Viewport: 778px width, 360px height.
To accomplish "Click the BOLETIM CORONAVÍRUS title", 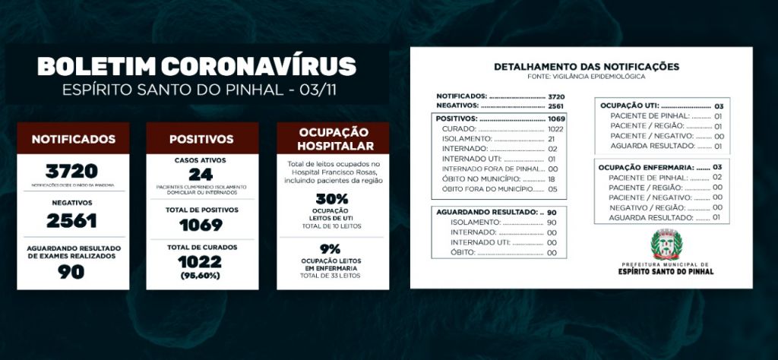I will [197, 65].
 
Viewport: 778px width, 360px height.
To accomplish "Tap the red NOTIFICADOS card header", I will [74, 139].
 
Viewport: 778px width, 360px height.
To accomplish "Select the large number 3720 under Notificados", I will [72, 171].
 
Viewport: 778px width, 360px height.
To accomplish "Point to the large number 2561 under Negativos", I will [72, 219].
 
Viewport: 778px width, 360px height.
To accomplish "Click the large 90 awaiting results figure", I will [73, 271].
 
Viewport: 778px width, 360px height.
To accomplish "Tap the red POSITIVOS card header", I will [201, 139].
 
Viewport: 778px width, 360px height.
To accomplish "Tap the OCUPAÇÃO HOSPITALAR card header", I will [334, 139].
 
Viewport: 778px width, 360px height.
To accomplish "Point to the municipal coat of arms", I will [667, 245].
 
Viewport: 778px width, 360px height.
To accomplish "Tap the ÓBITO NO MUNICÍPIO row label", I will [482, 178].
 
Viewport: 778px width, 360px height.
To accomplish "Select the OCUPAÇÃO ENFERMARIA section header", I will [647, 166].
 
